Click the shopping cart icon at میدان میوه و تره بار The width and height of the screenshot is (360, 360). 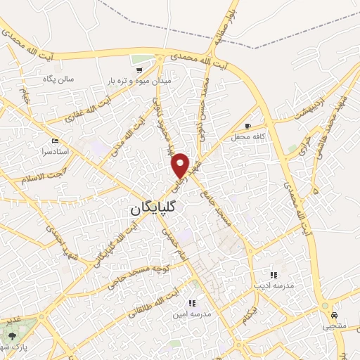tap(139, 70)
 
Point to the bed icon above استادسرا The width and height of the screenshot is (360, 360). tap(56, 140)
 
